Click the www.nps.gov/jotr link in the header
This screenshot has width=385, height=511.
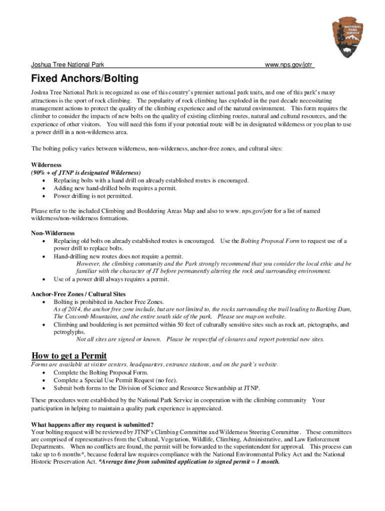coord(289,65)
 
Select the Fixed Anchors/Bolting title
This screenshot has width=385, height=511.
coord(84,79)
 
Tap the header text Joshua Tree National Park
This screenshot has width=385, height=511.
coord(67,65)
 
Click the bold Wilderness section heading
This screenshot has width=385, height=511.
coord(46,165)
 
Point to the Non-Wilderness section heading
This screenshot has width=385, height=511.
coord(52,233)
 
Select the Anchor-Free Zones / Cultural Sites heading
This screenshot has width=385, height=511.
coord(78,294)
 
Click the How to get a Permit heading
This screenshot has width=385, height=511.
coord(69,356)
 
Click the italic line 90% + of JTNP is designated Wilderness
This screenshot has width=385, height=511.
coord(86,173)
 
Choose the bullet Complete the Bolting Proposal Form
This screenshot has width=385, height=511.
coord(100,372)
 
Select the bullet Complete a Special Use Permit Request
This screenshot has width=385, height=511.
coord(114,380)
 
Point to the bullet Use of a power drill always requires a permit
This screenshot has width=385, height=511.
coord(111,279)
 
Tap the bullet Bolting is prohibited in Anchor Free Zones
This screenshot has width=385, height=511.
coord(108,302)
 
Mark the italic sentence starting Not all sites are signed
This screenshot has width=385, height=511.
coord(200,339)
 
